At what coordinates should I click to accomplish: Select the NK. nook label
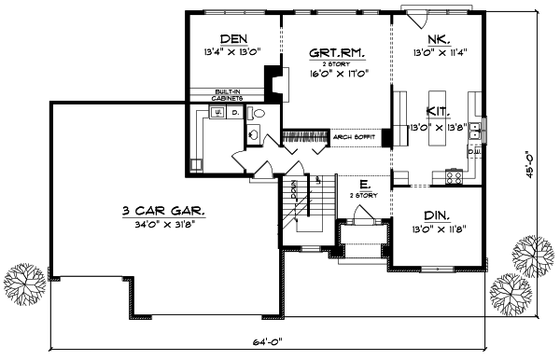(x=438, y=38)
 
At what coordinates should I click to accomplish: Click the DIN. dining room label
(x=437, y=213)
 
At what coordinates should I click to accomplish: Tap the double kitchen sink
(x=475, y=127)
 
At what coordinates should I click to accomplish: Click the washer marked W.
(x=217, y=114)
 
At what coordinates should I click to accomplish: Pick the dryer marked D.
(x=235, y=114)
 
